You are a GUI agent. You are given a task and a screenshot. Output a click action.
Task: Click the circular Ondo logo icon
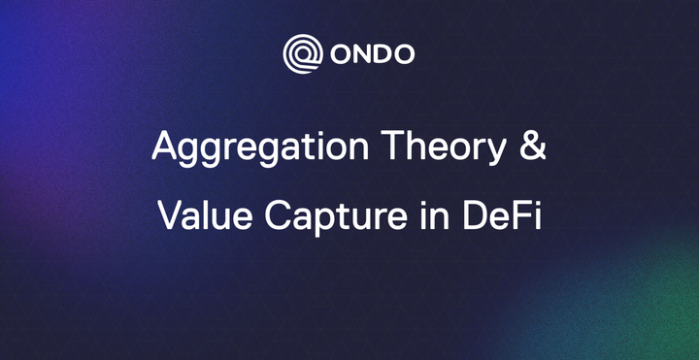click(301, 53)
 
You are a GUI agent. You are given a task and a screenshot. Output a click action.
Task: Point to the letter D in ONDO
click(382, 54)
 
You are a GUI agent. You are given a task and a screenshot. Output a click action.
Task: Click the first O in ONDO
click(336, 54)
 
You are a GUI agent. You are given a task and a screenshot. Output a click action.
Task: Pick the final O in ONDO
click(405, 54)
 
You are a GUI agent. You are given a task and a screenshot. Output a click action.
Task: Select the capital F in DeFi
click(519, 213)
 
